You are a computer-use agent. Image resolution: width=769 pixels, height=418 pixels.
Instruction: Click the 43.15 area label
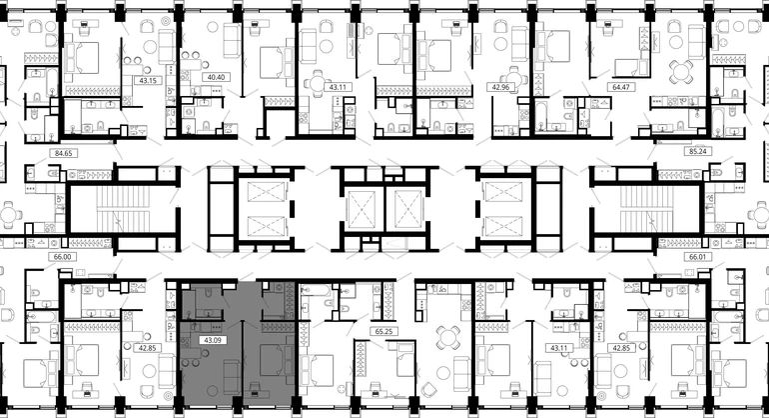(x=148, y=80)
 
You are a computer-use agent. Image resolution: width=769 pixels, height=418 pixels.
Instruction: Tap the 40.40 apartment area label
(x=216, y=77)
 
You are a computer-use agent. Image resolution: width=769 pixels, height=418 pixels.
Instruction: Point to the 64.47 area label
(x=621, y=87)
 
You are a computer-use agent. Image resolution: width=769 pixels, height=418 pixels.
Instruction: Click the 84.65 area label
(x=63, y=153)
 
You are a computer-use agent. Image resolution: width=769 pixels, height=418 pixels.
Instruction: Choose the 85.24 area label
(x=697, y=151)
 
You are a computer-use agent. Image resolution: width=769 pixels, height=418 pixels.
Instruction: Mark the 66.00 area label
(x=62, y=257)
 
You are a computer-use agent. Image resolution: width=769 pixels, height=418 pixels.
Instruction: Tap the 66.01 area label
(x=697, y=257)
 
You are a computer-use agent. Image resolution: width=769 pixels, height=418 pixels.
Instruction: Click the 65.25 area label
(x=384, y=332)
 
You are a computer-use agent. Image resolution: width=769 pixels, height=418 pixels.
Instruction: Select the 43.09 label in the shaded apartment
(x=213, y=340)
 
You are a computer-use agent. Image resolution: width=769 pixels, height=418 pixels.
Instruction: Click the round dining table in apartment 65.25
(x=447, y=337)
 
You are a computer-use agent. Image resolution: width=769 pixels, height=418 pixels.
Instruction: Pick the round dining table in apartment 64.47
(x=682, y=72)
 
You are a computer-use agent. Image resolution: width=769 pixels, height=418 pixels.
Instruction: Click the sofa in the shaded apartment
(x=232, y=377)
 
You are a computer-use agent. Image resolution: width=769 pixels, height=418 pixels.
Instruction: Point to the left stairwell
(x=123, y=208)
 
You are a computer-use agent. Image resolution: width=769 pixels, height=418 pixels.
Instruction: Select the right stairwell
(x=646, y=208)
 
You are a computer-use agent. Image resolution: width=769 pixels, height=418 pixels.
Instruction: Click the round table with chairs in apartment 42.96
(x=514, y=80)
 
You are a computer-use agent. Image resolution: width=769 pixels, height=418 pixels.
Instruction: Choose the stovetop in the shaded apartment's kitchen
(x=186, y=342)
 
